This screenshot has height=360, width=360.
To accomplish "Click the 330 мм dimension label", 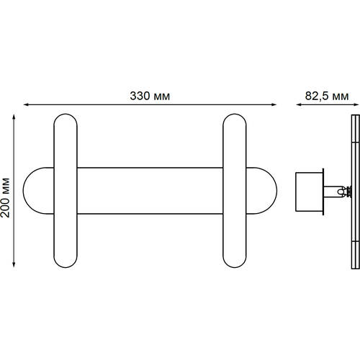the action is pos(150,96).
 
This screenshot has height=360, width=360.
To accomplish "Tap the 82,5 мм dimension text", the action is pos(327,96).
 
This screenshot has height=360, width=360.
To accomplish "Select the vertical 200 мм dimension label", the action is pos(5,198).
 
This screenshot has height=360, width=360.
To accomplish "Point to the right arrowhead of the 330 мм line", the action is pos(274,104).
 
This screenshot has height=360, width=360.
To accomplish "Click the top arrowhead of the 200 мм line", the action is pos(14,117).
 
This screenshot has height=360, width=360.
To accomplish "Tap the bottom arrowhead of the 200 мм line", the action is pos(14,264).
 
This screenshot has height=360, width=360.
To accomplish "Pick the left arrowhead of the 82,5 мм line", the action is pos(299,104).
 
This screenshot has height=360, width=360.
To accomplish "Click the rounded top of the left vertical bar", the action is pos(66,114).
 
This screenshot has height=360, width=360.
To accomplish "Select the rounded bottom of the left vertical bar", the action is pos(66,267).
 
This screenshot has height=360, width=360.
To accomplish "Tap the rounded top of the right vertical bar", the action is pos(235,114).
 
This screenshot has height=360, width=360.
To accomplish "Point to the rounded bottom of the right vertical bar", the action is pos(235,267).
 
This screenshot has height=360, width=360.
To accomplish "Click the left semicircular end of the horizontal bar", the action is pos(24,191).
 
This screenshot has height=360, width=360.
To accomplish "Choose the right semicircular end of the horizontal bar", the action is pos(276,191).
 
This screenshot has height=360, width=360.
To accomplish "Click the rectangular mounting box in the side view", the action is pos(309,192).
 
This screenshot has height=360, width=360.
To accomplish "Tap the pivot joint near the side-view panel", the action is pos(345,192).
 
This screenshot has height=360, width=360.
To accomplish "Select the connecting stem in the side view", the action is pos(333,192).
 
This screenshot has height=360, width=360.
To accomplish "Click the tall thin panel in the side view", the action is pos(356,192).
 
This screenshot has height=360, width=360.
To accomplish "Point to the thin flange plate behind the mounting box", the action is pos(323,192).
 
